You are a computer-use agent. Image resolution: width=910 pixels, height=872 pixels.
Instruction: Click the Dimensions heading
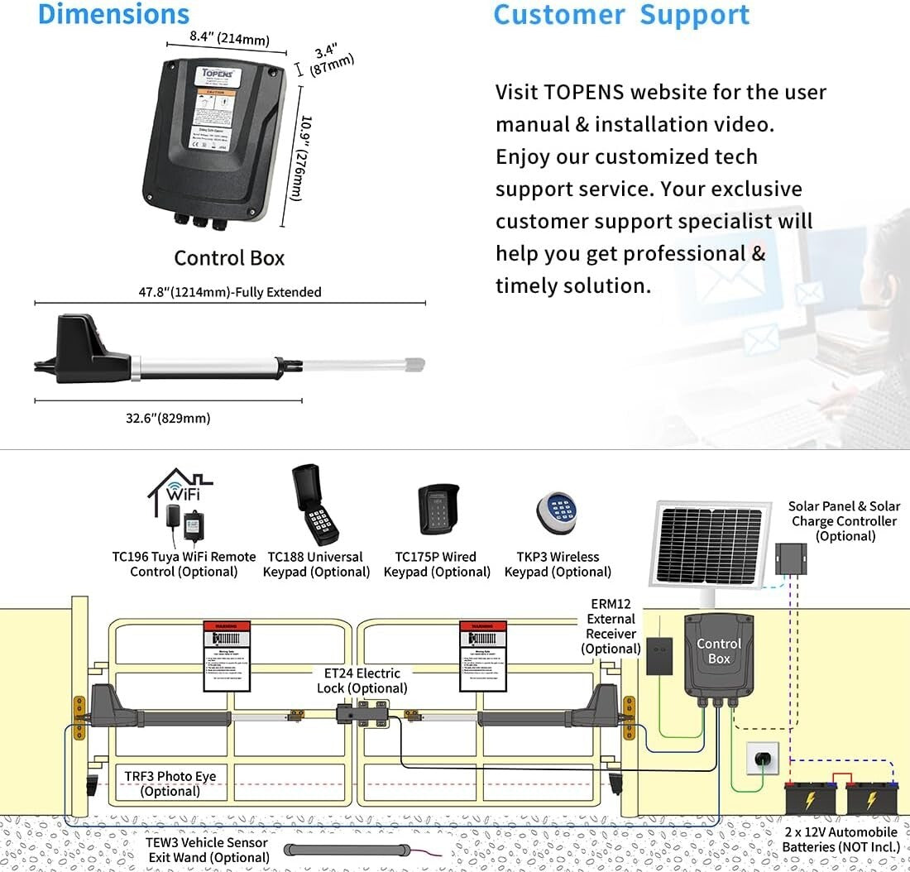tap(114, 14)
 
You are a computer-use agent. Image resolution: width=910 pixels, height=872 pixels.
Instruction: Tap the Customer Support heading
tap(621, 15)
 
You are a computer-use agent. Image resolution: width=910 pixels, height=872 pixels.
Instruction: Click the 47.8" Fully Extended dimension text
tap(230, 292)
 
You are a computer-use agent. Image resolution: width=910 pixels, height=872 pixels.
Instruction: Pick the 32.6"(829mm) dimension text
tap(168, 418)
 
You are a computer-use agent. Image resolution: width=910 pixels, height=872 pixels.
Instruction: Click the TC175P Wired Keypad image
tap(436, 510)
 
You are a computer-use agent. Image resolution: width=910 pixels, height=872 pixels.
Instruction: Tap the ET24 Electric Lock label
tap(362, 681)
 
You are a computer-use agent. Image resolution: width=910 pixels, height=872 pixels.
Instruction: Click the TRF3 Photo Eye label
tap(170, 783)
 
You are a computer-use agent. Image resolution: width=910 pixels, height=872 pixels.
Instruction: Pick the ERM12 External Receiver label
tap(611, 626)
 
